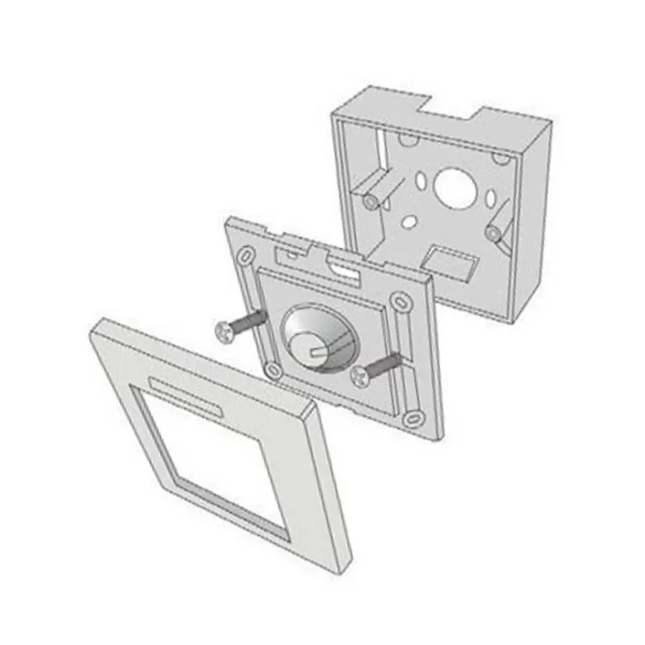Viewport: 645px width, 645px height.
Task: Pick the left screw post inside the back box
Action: coord(372,201)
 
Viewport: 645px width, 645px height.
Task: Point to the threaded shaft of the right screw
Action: coord(385,363)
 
